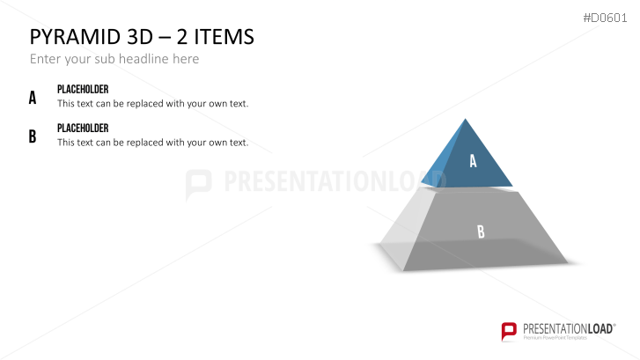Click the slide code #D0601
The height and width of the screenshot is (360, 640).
[x=607, y=18]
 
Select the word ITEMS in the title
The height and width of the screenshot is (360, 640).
[x=222, y=37]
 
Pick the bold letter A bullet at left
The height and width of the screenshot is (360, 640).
[x=33, y=98]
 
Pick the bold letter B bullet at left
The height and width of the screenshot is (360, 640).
[x=33, y=136]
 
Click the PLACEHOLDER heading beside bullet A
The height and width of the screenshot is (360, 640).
[x=83, y=90]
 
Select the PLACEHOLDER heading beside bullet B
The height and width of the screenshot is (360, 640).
[x=83, y=129]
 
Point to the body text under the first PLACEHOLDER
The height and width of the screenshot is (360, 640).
[x=152, y=104]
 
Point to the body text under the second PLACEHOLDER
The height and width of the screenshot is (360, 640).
[x=152, y=143]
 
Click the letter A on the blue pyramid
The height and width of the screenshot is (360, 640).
[x=473, y=161]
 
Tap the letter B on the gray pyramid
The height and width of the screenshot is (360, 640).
[x=481, y=232]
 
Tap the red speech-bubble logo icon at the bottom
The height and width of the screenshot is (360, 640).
[x=509, y=331]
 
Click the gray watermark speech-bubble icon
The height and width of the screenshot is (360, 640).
[x=199, y=184]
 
